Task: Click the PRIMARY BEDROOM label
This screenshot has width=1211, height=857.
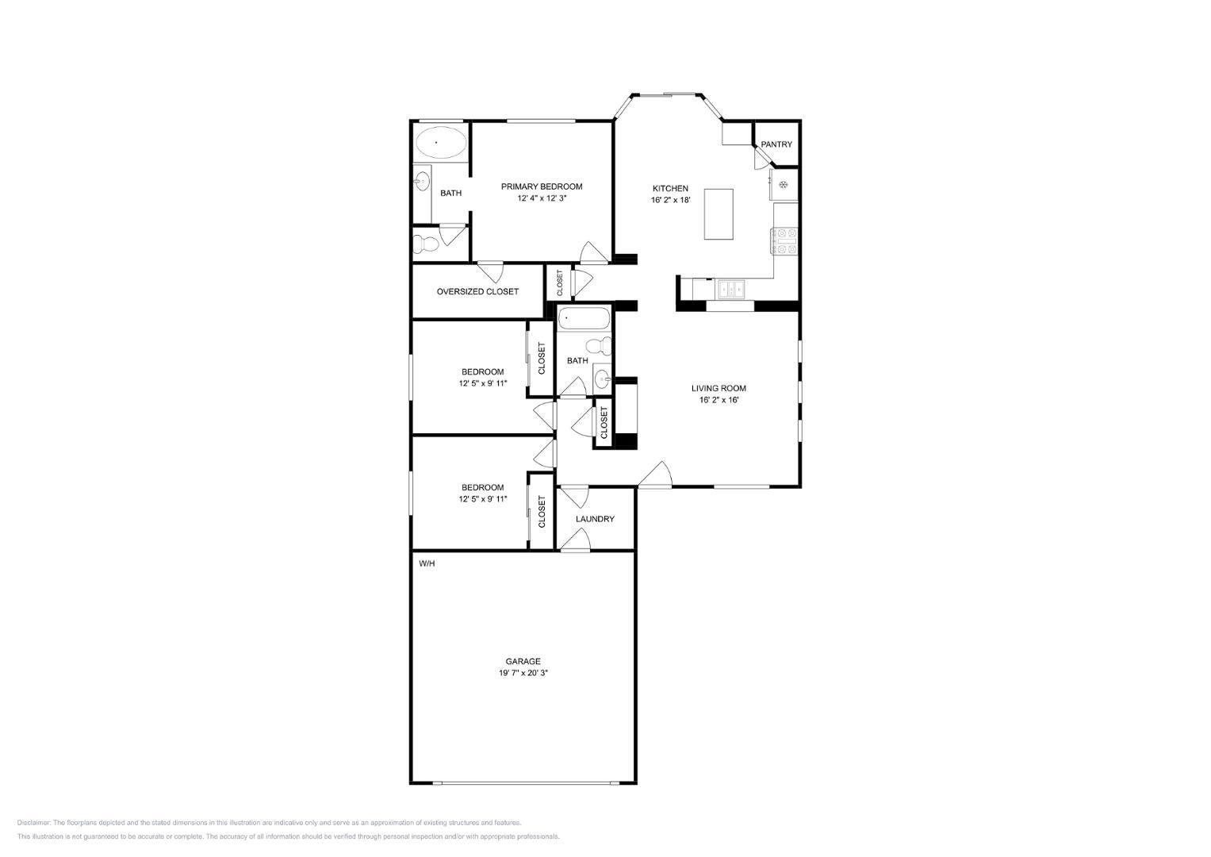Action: (541, 186)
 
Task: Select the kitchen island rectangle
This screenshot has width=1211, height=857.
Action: (719, 213)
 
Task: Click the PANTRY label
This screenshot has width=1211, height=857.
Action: (776, 144)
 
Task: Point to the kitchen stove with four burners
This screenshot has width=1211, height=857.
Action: (784, 241)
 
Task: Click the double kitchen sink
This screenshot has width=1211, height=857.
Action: (730, 290)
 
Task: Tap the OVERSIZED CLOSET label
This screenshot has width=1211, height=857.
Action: (477, 292)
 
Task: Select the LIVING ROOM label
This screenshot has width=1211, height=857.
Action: (719, 389)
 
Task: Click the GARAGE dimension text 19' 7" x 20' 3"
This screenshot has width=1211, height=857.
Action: (523, 673)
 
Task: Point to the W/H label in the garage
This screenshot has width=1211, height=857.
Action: (427, 563)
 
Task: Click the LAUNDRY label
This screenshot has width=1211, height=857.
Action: (595, 520)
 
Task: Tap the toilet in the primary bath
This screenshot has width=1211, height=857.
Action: (425, 244)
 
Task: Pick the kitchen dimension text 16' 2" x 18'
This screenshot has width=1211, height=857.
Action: (670, 200)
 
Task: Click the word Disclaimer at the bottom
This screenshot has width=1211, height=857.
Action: (33, 823)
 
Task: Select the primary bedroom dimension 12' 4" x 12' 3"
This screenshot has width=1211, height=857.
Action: (542, 198)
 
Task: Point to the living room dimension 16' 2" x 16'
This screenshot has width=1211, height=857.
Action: (719, 401)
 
